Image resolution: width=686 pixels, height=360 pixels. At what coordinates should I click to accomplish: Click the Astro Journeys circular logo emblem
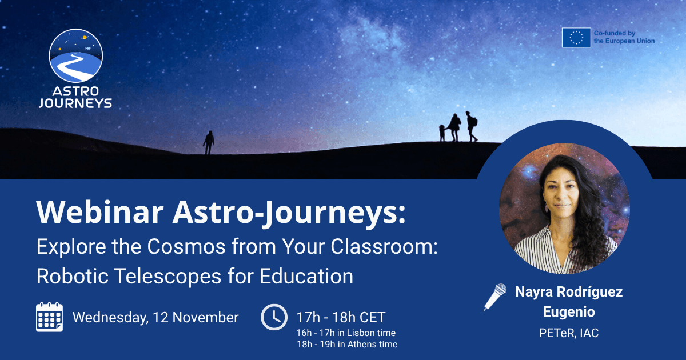[76, 56]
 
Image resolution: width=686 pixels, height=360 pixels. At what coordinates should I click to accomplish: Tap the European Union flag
[576, 38]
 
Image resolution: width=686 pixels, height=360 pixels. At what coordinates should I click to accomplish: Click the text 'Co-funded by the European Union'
[624, 38]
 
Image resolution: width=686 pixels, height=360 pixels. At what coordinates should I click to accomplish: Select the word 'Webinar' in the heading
[98, 213]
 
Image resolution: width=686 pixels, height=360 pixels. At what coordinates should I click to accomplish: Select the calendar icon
[50, 317]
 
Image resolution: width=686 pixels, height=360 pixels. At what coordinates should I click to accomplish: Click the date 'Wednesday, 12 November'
[155, 318]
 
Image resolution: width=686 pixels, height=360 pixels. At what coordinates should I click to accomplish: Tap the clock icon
[274, 317]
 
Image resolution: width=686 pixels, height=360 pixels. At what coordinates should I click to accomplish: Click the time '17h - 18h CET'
[341, 318]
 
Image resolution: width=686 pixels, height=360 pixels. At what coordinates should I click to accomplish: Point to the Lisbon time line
[345, 333]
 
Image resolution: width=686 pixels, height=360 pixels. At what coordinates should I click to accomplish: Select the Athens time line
[346, 344]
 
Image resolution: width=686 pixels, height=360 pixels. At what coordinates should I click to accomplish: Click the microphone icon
[495, 297]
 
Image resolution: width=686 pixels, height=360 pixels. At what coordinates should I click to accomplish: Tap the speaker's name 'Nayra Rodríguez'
[569, 292]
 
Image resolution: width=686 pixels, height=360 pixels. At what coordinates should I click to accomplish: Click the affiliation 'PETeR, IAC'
[569, 333]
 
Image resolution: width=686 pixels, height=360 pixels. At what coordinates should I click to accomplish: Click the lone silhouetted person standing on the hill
[209, 142]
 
